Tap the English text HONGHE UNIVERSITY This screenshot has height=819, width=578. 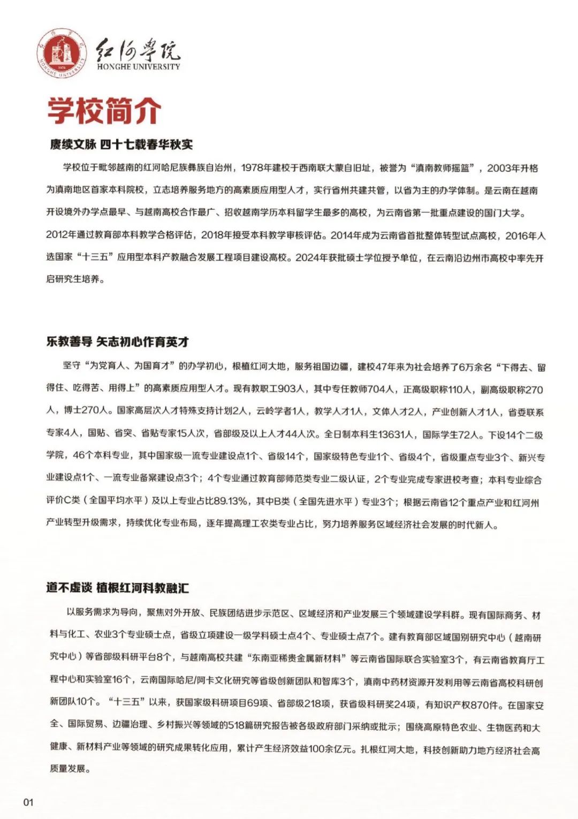pos(139,67)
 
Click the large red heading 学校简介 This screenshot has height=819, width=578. pos(104,111)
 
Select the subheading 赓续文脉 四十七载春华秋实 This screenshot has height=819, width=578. pos(121,144)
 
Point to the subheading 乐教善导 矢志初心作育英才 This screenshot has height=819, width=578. pos(117,342)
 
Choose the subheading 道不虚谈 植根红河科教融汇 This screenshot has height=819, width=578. pos(117,588)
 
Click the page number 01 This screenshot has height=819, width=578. pos(28,802)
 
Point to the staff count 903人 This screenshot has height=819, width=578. pos(292,389)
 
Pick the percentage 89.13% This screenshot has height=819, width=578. pos(231,501)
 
